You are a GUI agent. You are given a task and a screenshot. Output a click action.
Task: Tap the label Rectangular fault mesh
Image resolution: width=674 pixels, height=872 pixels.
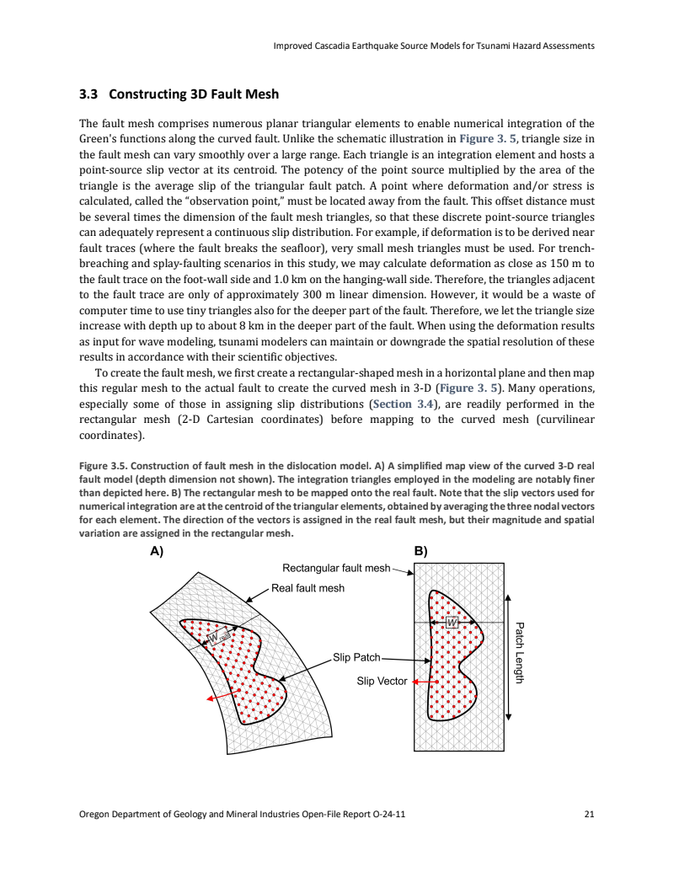click(x=335, y=569)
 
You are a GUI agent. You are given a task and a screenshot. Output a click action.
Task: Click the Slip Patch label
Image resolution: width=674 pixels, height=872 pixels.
click(x=356, y=657)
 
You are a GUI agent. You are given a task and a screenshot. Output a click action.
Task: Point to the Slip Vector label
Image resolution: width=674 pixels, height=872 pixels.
click(x=382, y=681)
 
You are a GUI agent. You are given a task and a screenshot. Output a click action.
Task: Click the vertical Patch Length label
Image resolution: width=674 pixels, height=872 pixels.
click(x=520, y=653)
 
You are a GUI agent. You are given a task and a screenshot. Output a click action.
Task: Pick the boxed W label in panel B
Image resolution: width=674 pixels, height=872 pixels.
click(x=452, y=622)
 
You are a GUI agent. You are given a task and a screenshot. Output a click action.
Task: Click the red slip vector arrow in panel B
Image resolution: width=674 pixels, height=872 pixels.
click(x=421, y=681)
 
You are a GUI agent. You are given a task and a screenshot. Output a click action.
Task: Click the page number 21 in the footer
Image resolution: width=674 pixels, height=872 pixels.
click(x=588, y=815)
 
